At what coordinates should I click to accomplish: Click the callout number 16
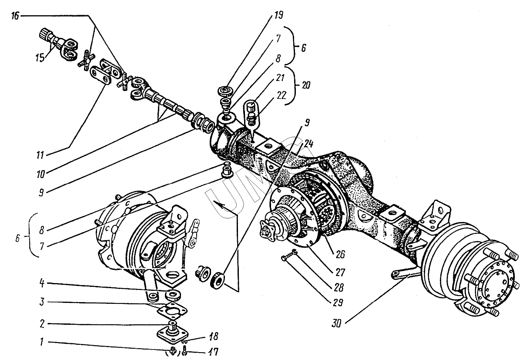pyautogui.click(x=15, y=16)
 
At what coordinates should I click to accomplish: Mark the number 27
pyautogui.click(x=339, y=273)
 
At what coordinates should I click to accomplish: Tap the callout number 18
pyautogui.click(x=212, y=336)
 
